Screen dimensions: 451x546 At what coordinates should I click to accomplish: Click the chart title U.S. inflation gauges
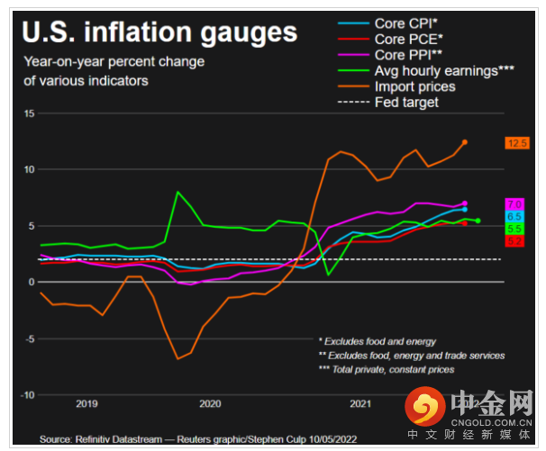pos(159,33)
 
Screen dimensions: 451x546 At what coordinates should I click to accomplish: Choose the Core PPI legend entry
pos(405,56)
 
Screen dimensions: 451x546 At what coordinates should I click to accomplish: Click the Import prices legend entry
pos(414,86)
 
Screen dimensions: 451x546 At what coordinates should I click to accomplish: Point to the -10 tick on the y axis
pos(27,395)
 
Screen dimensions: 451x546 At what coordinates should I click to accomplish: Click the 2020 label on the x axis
pos(210,404)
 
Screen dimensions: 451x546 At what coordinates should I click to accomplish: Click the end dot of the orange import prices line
pos(465,142)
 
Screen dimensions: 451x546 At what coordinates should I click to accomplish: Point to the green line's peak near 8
pos(177,192)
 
